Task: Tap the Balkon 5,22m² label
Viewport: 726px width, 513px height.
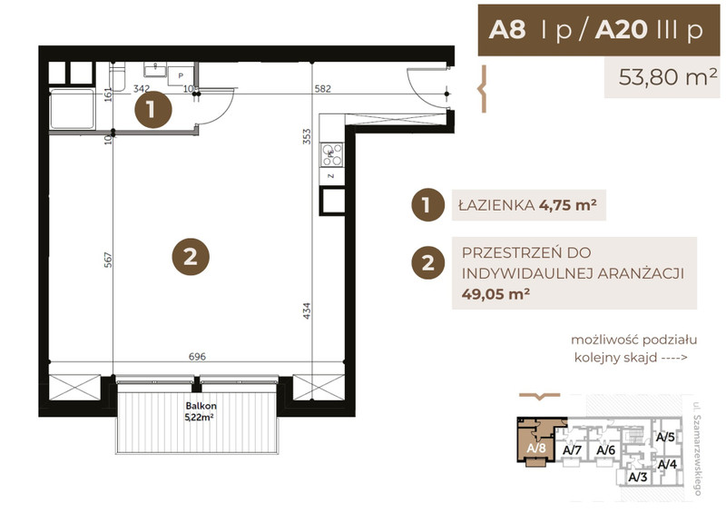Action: [201, 411]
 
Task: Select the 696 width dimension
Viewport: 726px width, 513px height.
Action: [197, 356]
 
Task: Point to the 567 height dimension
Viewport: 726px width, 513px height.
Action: [108, 260]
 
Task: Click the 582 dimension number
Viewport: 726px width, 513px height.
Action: [323, 88]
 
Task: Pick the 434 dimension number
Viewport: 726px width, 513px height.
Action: [307, 311]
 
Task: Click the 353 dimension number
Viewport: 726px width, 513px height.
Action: [307, 137]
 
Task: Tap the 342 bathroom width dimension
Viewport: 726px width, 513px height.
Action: [142, 88]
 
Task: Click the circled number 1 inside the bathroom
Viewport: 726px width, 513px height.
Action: [152, 110]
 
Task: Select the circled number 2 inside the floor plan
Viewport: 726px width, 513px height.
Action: [191, 256]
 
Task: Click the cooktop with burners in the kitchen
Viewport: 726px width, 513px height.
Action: [332, 154]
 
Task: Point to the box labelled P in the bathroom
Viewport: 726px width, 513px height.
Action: [181, 75]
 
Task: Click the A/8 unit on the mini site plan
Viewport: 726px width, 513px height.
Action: [536, 442]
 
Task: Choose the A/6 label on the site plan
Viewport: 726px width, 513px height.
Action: [605, 450]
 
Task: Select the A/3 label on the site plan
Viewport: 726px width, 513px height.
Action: [638, 477]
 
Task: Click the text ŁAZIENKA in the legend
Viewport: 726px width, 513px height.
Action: [496, 205]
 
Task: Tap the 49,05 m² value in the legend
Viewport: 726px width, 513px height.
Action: [495, 294]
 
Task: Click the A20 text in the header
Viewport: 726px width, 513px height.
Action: [622, 30]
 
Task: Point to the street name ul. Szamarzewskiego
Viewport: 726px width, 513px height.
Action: [697, 449]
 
